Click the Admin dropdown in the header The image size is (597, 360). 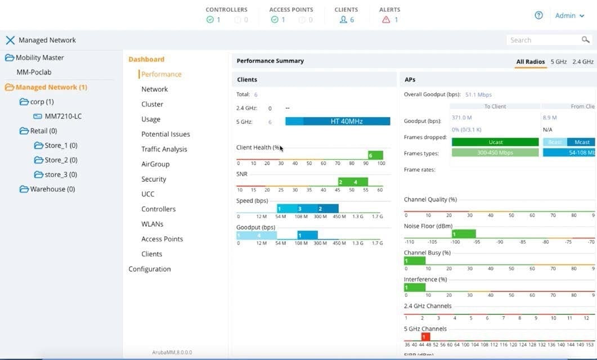click(x=569, y=16)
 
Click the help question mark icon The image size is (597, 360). click(x=538, y=16)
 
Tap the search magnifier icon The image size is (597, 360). click(x=586, y=40)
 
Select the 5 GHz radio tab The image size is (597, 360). click(x=558, y=62)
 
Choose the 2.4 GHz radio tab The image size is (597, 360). click(x=583, y=62)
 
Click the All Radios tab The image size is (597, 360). click(x=531, y=62)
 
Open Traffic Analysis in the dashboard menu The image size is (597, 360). click(x=164, y=149)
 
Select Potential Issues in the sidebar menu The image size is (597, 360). click(x=165, y=134)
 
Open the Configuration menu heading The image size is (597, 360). click(x=150, y=269)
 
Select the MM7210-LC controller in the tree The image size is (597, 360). click(x=63, y=116)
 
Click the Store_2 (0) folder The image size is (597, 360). click(x=61, y=160)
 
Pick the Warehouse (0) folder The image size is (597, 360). click(x=52, y=189)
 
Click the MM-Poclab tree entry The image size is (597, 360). click(x=34, y=72)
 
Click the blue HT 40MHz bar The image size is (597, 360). click(x=338, y=121)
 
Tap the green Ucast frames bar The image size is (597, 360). click(x=495, y=142)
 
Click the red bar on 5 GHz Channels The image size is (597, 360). click(x=426, y=337)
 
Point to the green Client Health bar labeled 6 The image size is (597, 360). click(x=375, y=155)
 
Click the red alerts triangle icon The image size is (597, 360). click(x=386, y=20)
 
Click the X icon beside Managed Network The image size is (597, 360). click(x=10, y=40)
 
